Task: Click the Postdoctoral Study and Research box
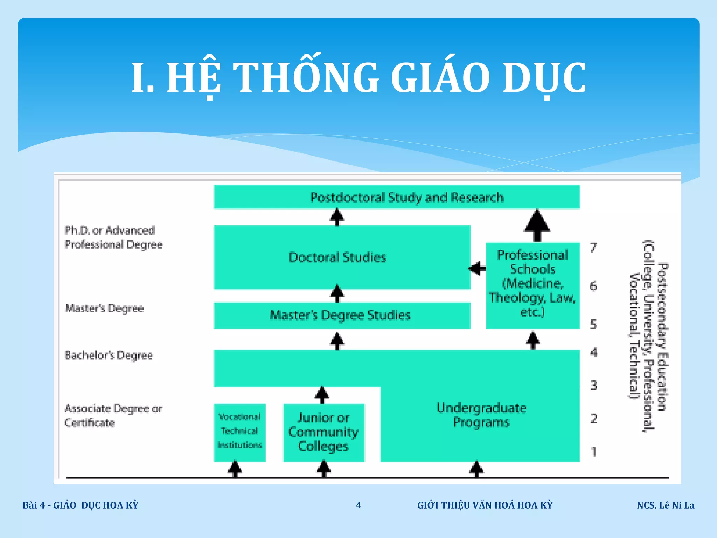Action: (397, 197)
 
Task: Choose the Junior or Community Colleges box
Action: (323, 432)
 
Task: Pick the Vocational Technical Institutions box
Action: (240, 432)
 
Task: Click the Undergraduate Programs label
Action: (481, 415)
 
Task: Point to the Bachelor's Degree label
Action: (109, 355)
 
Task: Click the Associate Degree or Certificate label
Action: (113, 415)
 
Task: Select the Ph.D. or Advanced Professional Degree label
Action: (113, 237)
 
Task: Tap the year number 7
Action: (593, 248)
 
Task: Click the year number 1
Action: (593, 452)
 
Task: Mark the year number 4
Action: (593, 352)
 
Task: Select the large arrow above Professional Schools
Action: (537, 225)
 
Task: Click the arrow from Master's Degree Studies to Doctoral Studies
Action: (337, 293)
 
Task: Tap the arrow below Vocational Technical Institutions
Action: (235, 469)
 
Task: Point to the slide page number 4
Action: (358, 505)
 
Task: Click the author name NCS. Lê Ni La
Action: (665, 505)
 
